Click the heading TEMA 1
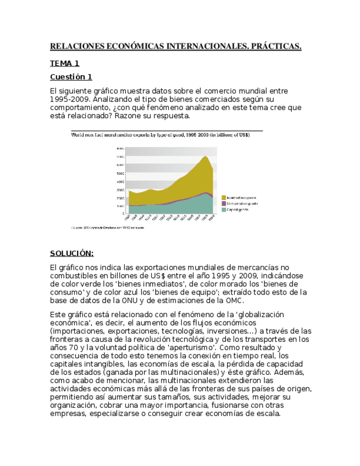tap(64, 63)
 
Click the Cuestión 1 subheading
tap(71, 76)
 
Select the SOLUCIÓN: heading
tap(71, 253)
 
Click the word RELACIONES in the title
tap(79, 46)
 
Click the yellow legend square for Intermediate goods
tap(224, 197)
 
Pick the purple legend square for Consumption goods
tap(224, 203)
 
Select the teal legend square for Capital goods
tap(224, 209)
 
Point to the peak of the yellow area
tap(205, 157)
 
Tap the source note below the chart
tap(107, 227)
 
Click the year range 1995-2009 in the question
tap(69, 99)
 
